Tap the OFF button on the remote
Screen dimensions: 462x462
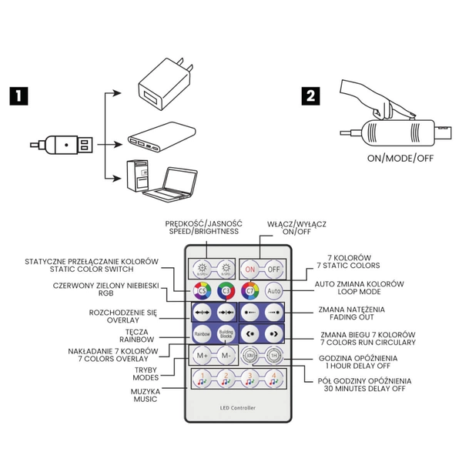coord(273,269)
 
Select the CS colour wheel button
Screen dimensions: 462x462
coord(203,292)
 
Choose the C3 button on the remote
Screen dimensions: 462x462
coord(226,292)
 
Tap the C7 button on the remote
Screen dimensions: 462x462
coord(249,292)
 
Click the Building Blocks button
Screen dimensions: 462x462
coord(226,335)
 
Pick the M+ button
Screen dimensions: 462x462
coord(203,356)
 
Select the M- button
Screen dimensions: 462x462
coord(226,356)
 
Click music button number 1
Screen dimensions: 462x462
coord(202,379)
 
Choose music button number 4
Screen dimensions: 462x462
coord(273,379)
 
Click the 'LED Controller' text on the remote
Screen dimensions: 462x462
coord(237,407)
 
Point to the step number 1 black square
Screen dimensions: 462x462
coord(19,96)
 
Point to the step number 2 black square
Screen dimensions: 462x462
coord(310,96)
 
